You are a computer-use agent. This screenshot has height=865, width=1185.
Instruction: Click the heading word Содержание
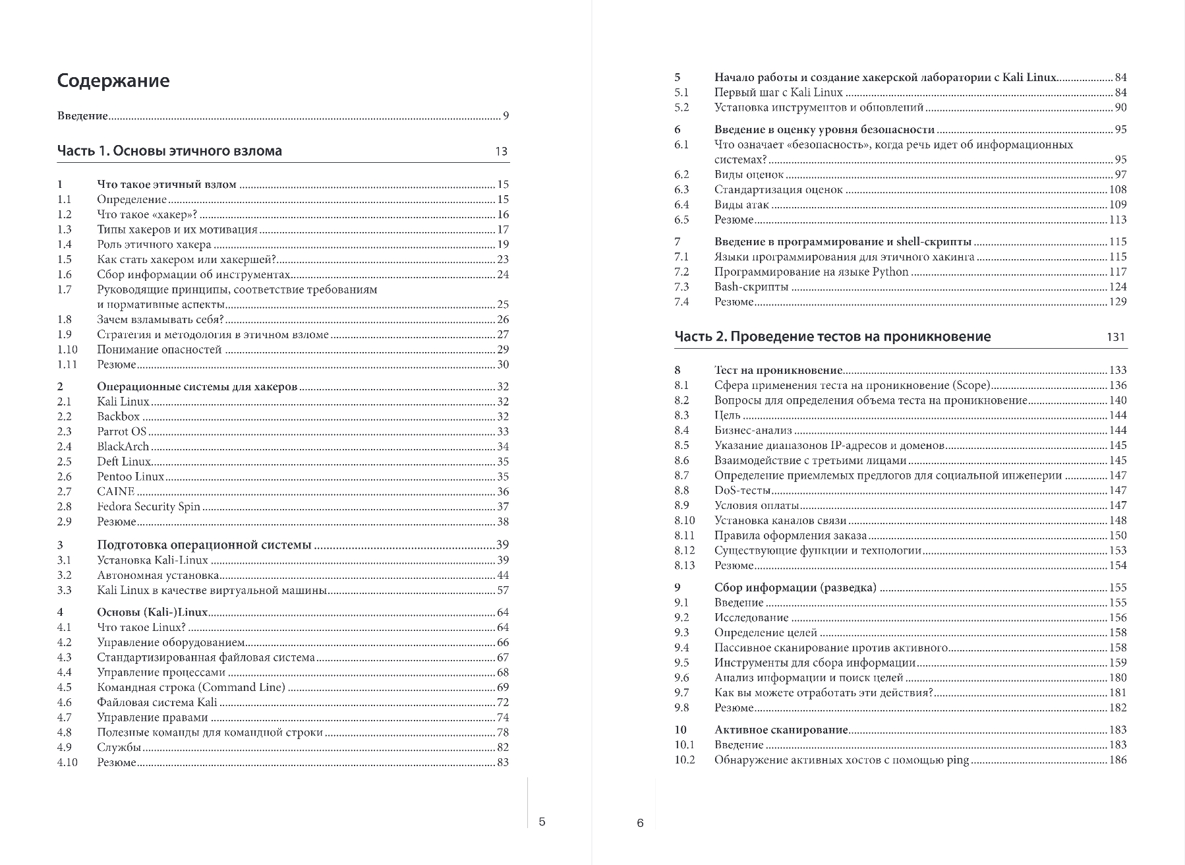point(113,81)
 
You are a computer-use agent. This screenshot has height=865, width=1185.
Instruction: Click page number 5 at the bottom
point(542,821)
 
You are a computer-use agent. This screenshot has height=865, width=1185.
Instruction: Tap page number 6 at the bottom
point(639,823)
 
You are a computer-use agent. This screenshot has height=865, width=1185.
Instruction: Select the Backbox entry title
point(119,417)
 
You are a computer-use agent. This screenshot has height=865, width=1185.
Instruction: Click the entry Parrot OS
point(122,432)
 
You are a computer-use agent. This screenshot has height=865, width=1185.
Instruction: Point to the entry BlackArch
point(123,447)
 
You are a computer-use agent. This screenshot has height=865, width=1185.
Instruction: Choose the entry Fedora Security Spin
point(148,507)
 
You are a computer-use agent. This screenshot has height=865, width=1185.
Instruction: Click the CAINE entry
point(115,492)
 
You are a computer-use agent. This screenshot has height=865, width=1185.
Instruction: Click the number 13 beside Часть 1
point(501,152)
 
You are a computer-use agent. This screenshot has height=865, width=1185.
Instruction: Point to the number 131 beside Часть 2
point(1116,337)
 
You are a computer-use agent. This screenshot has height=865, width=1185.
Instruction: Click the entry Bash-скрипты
point(751,287)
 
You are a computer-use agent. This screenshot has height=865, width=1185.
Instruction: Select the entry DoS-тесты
point(742,491)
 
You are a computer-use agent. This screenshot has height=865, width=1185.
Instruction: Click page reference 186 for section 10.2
point(1118,760)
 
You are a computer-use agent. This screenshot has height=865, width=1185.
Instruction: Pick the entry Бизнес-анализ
point(753,431)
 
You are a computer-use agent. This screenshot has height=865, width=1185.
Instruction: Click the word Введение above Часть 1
point(82,116)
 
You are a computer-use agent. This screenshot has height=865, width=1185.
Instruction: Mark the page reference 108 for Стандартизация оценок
point(1118,190)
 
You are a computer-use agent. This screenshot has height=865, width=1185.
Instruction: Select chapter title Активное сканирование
point(781,730)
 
